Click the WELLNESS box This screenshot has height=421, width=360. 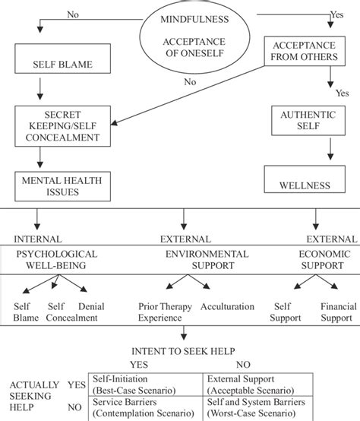tap(307, 183)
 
